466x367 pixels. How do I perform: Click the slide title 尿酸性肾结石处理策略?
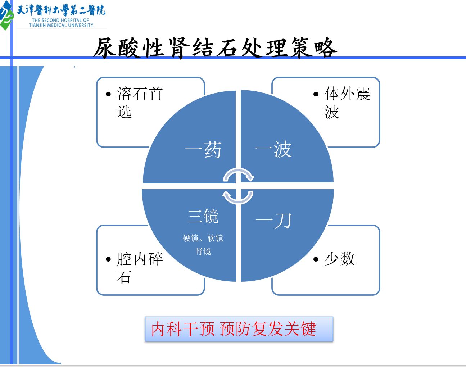[x=215, y=48]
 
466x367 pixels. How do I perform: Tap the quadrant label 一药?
[x=203, y=150]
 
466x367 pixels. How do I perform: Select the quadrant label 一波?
[x=273, y=149]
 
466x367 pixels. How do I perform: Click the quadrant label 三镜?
[x=203, y=216]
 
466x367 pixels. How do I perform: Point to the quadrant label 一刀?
[x=273, y=221]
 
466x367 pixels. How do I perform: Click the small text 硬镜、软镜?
[x=203, y=238]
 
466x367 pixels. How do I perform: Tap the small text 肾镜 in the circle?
[x=203, y=252]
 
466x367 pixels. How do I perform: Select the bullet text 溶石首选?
[x=140, y=103]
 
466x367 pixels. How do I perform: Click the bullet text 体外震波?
[x=347, y=103]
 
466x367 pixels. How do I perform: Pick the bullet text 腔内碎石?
[x=140, y=268]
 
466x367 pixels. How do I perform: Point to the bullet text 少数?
[x=340, y=259]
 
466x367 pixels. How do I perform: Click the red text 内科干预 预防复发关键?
[x=234, y=329]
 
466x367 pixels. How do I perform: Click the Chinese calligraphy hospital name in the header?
[x=61, y=10]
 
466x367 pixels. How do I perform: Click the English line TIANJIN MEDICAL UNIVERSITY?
[x=61, y=25]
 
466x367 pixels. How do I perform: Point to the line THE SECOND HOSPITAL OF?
[x=60, y=21]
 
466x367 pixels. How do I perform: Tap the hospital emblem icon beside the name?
[x=6, y=15]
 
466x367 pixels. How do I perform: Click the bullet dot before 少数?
[x=316, y=259]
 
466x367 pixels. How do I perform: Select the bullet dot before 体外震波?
[x=316, y=94]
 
